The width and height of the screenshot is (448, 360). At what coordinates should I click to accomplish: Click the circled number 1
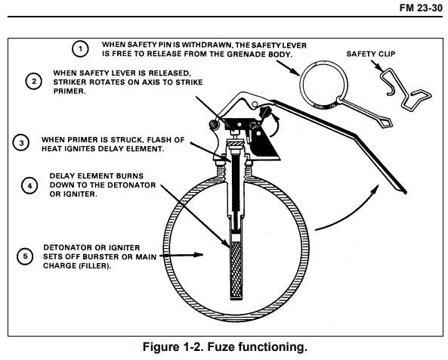pyautogui.click(x=80, y=49)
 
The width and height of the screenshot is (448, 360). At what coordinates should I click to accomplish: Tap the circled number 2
pyautogui.click(x=34, y=81)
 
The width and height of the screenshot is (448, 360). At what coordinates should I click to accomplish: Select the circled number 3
pyautogui.click(x=21, y=143)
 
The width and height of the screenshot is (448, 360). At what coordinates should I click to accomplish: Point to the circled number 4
pyautogui.click(x=29, y=186)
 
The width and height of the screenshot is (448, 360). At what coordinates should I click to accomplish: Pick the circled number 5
pyautogui.click(x=25, y=256)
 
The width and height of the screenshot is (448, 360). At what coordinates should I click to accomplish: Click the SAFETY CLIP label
pyautogui.click(x=371, y=54)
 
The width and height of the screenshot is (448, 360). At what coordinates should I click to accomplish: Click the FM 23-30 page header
pyautogui.click(x=421, y=8)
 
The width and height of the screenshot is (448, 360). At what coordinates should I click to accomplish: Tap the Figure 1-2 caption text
pyautogui.click(x=225, y=347)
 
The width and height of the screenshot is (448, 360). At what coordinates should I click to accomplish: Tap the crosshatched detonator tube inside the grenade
pyautogui.click(x=236, y=270)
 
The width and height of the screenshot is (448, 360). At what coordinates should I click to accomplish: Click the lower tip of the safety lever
pyautogui.click(x=405, y=192)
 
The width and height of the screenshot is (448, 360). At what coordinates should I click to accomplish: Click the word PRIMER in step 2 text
pyautogui.click(x=70, y=92)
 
